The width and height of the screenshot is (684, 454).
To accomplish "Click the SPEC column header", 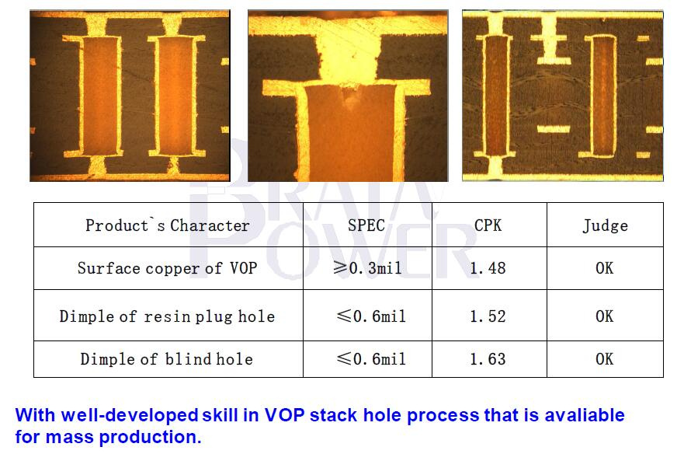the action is pos(366,225).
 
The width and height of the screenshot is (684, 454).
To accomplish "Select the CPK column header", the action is pos(488,225).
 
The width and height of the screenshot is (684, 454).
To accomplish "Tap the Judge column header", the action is pos(605,225).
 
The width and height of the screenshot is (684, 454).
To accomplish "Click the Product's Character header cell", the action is pos(168,225).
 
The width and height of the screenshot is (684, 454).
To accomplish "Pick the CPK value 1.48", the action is pos(488,268).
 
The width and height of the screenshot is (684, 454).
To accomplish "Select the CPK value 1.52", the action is pos(488,316).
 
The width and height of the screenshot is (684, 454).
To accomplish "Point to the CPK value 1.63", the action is pos(488,358).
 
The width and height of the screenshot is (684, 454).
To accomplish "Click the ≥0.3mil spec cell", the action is pos(367,268).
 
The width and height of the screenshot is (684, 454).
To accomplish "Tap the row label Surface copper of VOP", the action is pos(167,268).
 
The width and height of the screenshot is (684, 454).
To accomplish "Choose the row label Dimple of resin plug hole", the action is pos(167,316).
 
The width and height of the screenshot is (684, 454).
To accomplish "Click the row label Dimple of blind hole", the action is pos(167,358).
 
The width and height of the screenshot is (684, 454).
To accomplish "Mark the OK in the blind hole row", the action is pos(605,358).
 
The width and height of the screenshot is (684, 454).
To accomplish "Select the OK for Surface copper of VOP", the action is pos(605,268).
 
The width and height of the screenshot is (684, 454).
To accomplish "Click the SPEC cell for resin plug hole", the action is pos(371,316).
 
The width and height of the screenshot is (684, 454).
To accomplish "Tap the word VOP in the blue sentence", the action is pos(284,415).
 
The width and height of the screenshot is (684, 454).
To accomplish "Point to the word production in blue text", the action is pos(151,437).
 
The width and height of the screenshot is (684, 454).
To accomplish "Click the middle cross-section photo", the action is pos(348,96).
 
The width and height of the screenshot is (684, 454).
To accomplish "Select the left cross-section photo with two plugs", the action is pos(130,96).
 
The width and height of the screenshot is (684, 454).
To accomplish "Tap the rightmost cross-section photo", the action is pos(563,96).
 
